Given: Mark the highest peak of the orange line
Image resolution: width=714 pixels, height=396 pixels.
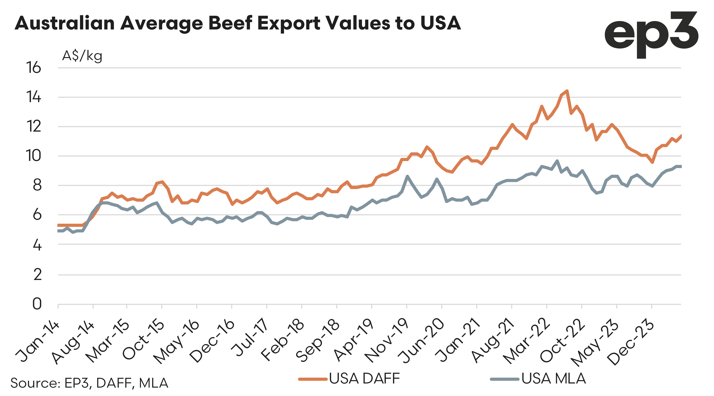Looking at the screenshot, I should (x=567, y=91).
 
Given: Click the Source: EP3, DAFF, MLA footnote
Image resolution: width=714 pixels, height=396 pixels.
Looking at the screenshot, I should (x=89, y=383).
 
